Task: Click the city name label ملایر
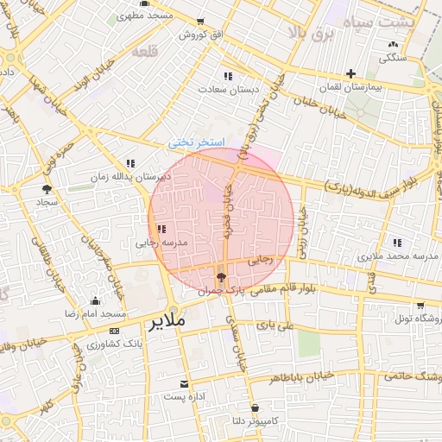pyautogui.click(x=169, y=322)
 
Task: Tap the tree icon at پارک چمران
pyautogui.click(x=222, y=277)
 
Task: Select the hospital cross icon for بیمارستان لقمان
pyautogui.click(x=350, y=74)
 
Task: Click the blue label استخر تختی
pyautogui.click(x=196, y=142)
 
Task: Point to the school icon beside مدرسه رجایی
pyautogui.click(x=161, y=229)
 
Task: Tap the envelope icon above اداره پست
pyautogui.click(x=183, y=383)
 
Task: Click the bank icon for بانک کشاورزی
pyautogui.click(x=115, y=331)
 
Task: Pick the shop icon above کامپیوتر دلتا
pyautogui.click(x=255, y=407)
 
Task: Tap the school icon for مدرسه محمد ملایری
pyautogui.click(x=396, y=243)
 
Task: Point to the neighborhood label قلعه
pyautogui.click(x=147, y=52)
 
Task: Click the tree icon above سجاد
pyautogui.click(x=47, y=187)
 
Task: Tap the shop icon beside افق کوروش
pyautogui.click(x=201, y=22)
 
